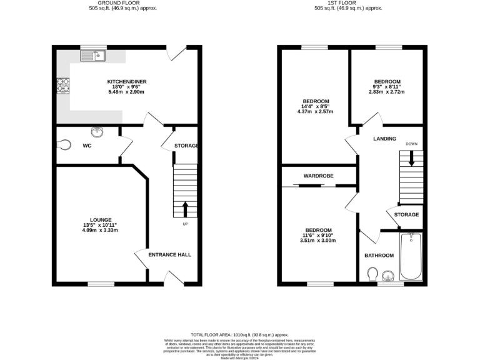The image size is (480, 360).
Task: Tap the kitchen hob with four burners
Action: click(x=63, y=84)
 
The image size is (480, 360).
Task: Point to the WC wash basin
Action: click(x=97, y=132)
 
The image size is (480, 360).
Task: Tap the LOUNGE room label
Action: click(x=100, y=220)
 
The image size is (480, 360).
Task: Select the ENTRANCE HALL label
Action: click(x=169, y=254)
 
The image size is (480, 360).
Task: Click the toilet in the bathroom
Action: click(x=373, y=274)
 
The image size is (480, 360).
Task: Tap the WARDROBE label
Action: click(x=319, y=176)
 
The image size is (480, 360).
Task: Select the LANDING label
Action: click(x=385, y=139)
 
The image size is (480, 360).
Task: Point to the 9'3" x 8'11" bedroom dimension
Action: click(x=387, y=87)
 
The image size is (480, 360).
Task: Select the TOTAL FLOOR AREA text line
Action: click(x=239, y=335)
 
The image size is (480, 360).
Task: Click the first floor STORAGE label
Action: click(x=406, y=215)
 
